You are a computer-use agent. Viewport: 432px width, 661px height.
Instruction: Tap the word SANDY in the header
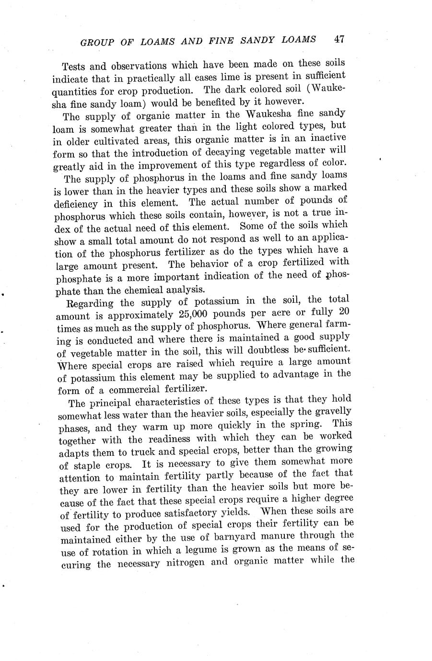pos(263,40)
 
